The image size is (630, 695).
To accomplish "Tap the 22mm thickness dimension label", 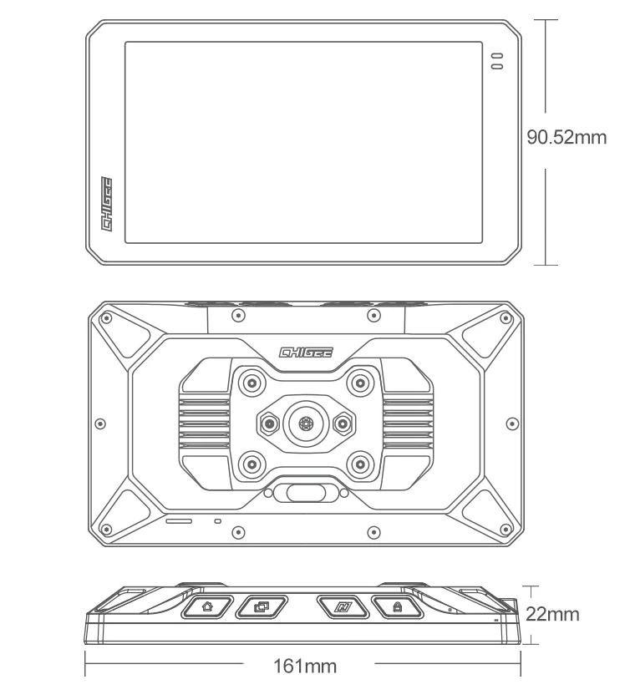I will pos(552,615).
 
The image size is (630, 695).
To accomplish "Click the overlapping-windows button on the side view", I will pos(262,606).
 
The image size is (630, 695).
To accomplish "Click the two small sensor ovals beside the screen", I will pos(497,60).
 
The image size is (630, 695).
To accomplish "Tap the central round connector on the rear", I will pos(304,424).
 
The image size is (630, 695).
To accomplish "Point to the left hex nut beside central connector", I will pos(269,424).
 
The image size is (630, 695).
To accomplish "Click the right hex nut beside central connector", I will pos(340,424).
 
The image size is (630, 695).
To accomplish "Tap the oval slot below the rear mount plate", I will pos(305,493).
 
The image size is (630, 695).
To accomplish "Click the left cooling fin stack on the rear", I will pos(205,423).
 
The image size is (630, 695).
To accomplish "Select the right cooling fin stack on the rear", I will pos(406,423).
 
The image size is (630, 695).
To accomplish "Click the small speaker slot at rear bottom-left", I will pos(179,520).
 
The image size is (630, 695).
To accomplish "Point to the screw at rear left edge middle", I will pos(103,423).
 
